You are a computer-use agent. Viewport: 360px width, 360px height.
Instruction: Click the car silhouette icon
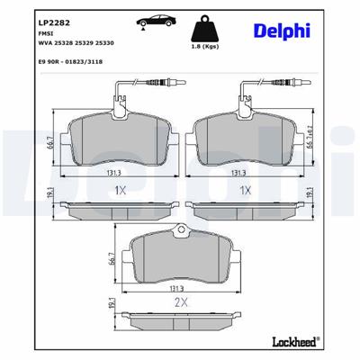point(148,20)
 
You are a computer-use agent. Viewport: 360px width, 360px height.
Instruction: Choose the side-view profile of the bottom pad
point(180,319)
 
